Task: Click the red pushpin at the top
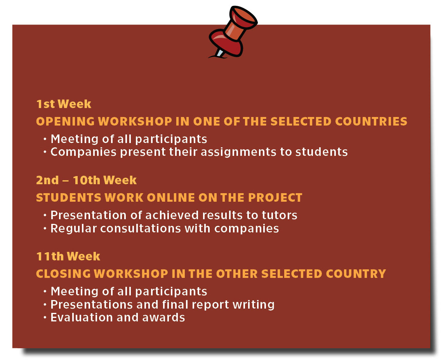pyautogui.click(x=233, y=31)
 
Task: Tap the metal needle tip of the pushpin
pyautogui.click(x=219, y=53)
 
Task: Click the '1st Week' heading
pyautogui.click(x=64, y=104)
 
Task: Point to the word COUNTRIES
pyautogui.click(x=371, y=122)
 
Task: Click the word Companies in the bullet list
pyautogui.click(x=83, y=152)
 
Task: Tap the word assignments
pyautogui.click(x=238, y=152)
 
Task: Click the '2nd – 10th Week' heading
pyautogui.click(x=87, y=180)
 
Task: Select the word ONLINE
pyautogui.click(x=171, y=197)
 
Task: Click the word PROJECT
pyautogui.click(x=275, y=197)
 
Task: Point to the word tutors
pyautogui.click(x=280, y=215)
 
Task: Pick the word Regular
pyautogui.click(x=73, y=229)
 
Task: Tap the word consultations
pyautogui.click(x=141, y=229)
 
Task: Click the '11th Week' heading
pyautogui.click(x=68, y=257)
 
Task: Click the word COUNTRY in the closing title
pyautogui.click(x=356, y=274)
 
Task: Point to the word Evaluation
pyautogui.click(x=82, y=318)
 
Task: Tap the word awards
pyautogui.click(x=163, y=318)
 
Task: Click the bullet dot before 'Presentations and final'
pyautogui.click(x=45, y=305)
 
